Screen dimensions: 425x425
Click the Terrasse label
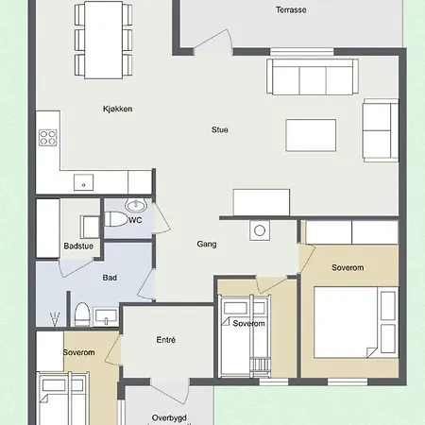[291, 9]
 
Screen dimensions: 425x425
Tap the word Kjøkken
[118, 109]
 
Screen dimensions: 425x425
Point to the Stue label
[220, 129]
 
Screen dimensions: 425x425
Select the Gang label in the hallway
[207, 244]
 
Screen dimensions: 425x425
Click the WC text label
[135, 220]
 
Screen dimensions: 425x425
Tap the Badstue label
[78, 246]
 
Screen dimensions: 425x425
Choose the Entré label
[166, 340]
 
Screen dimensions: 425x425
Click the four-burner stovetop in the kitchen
[48, 138]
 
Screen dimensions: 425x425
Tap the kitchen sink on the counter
[83, 182]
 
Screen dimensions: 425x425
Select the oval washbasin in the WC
[136, 205]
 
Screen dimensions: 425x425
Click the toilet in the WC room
[115, 219]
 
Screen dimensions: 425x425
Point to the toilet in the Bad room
[82, 314]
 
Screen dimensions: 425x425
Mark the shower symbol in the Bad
[55, 319]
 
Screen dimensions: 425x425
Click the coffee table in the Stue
[311, 135]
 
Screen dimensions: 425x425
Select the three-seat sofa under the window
[313, 76]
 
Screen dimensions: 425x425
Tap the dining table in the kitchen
[103, 40]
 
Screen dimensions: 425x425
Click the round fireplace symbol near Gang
[260, 230]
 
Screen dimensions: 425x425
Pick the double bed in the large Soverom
[356, 322]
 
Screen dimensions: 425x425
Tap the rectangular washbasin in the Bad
[106, 316]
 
